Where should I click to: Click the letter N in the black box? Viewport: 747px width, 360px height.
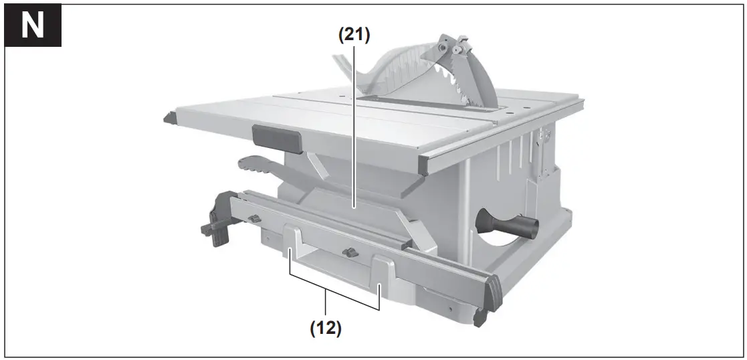tap(33, 26)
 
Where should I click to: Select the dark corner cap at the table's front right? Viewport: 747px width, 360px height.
tap(424, 165)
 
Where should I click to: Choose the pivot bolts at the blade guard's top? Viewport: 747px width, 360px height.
tap(449, 47)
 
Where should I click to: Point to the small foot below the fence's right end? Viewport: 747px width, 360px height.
tap(479, 318)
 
